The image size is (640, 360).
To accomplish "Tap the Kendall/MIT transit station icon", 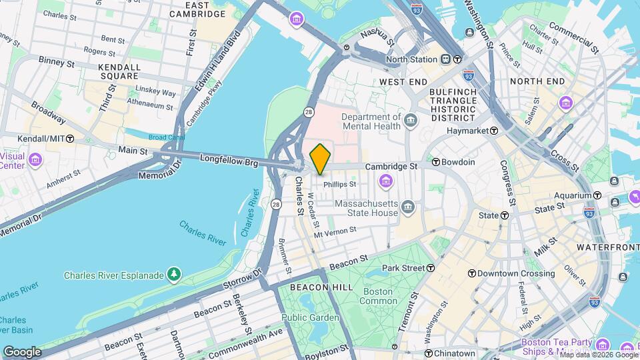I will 70,138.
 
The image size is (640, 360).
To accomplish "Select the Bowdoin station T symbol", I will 437,162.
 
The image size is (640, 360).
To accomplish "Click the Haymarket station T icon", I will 494,131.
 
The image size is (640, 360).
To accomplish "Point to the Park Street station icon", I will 431,268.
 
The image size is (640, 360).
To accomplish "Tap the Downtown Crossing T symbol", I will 472,273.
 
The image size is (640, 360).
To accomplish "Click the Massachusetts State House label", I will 366,208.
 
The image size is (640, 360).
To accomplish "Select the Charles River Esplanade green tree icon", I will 174,274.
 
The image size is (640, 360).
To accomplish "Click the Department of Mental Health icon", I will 409,120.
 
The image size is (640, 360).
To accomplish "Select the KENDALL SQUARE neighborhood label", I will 119,71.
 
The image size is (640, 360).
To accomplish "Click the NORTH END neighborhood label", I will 537,81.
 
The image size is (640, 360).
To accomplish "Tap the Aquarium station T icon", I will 597,195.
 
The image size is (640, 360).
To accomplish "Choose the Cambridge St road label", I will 391,166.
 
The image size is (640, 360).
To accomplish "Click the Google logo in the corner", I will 22,351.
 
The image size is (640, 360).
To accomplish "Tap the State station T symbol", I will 505,215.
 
